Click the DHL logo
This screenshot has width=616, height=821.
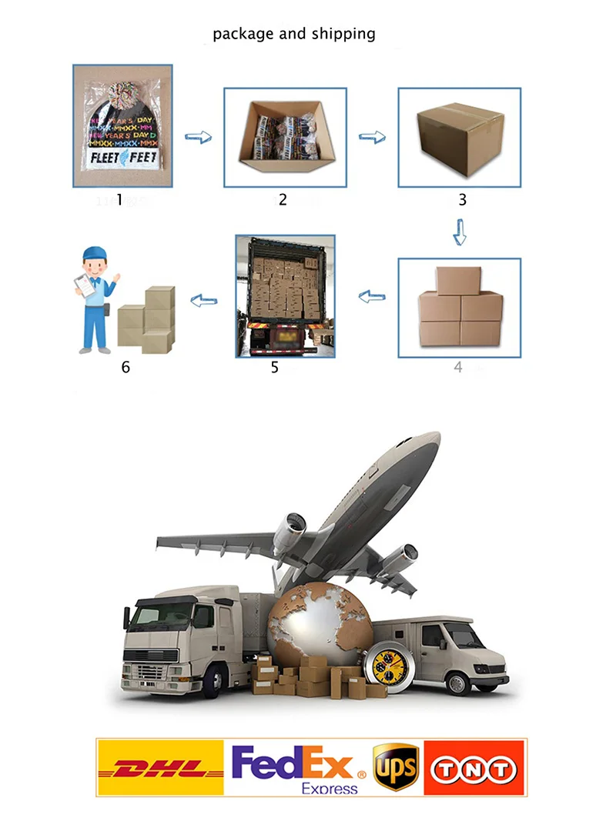pos(159,768)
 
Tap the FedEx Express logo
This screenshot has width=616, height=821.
pos(296,768)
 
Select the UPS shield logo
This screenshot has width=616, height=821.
pos(396,767)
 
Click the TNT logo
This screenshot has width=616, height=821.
pos(474,768)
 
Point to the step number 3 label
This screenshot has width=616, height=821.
pos(462,200)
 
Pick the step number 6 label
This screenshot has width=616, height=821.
pos(126,367)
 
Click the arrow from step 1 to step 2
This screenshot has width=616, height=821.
pos(199,137)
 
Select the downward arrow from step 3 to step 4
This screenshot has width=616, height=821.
pos(460,232)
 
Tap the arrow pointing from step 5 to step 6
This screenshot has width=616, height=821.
pos(203,300)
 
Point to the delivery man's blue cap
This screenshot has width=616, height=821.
pos(94,254)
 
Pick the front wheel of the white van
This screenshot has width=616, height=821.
pos(457,681)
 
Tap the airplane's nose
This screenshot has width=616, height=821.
pos(431,440)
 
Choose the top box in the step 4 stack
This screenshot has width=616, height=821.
pos(458,280)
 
